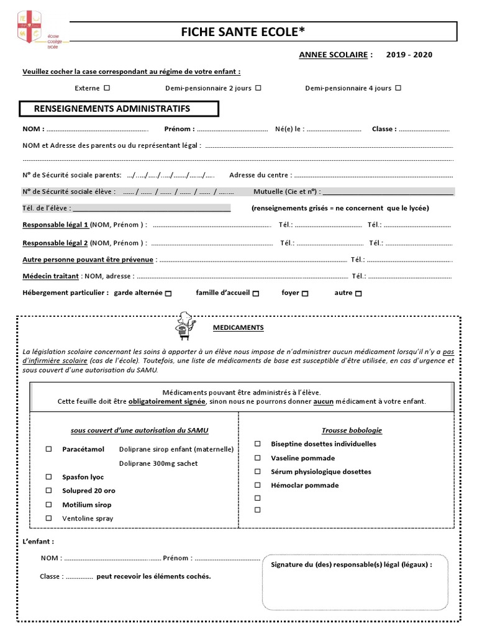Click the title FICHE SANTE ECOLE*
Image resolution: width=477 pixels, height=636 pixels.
[x=243, y=32]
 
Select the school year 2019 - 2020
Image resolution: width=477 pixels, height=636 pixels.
[x=409, y=55]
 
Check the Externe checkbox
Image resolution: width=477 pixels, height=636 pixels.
[x=107, y=88]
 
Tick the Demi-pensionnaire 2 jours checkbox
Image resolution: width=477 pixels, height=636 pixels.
[x=258, y=88]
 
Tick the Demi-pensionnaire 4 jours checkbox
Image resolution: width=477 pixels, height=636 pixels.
[x=398, y=88]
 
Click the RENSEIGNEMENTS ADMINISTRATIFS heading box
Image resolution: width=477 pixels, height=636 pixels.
[x=119, y=109]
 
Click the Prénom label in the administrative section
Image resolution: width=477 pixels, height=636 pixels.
[x=179, y=129]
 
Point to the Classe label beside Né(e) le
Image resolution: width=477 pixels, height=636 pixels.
[x=384, y=129]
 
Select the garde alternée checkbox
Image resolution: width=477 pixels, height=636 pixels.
[x=169, y=293]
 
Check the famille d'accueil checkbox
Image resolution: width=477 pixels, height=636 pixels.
[x=256, y=293]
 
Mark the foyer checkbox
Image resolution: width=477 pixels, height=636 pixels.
[x=305, y=293]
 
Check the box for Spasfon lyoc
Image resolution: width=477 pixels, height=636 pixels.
[x=48, y=477]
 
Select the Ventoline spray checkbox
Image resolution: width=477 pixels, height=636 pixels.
[x=48, y=518]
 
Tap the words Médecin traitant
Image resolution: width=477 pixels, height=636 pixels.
[x=50, y=276]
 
